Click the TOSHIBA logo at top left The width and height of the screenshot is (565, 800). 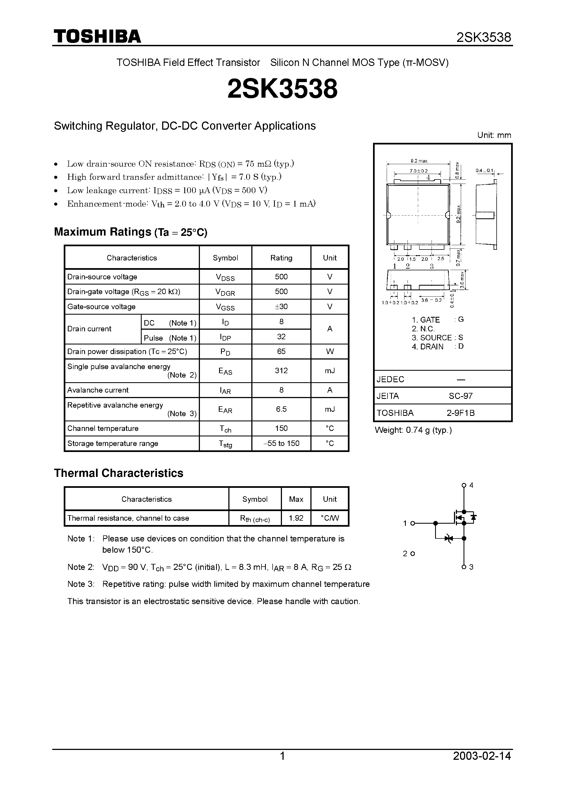point(97,36)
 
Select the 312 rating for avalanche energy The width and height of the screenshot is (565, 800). point(281,371)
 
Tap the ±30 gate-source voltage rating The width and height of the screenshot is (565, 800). point(281,307)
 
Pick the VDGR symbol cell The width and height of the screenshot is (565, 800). point(225,292)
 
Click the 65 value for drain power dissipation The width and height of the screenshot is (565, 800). point(281,352)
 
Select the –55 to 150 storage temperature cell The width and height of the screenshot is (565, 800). point(281,443)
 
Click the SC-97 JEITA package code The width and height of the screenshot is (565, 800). point(461,396)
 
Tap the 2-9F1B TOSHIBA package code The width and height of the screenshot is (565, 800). point(461,413)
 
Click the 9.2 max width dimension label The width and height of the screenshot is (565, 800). point(419,161)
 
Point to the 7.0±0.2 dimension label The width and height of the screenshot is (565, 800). point(418,171)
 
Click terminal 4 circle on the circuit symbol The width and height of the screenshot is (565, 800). point(463,485)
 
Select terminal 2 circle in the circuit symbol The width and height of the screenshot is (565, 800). point(413,554)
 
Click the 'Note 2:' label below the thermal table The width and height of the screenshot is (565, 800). point(81,567)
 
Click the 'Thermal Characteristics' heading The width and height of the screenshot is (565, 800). point(118,473)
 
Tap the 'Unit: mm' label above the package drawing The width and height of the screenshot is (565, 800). point(494,135)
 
